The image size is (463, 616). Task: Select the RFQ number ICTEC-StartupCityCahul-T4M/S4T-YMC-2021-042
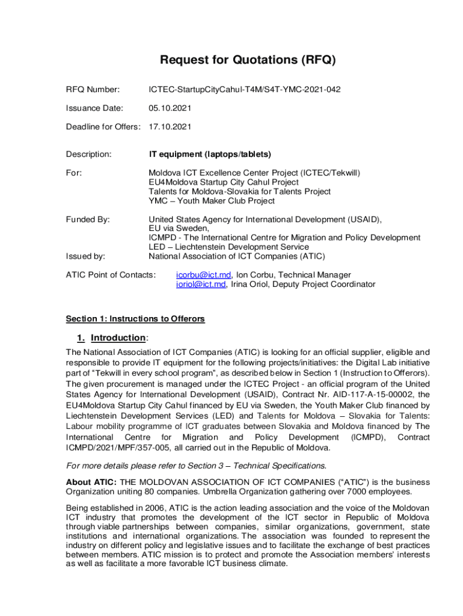pyautogui.click(x=245, y=90)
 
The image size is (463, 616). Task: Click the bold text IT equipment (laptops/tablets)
pyautogui.click(x=210, y=155)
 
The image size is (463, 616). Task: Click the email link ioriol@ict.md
pyautogui.click(x=201, y=285)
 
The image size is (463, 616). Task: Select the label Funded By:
pyautogui.click(x=88, y=220)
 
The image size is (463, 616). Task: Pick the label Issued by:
pyautogui.click(x=85, y=256)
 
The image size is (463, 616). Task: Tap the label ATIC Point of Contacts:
pyautogui.click(x=111, y=275)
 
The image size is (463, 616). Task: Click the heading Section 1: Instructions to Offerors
pyautogui.click(x=135, y=319)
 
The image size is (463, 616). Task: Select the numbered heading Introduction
pyautogui.click(x=118, y=338)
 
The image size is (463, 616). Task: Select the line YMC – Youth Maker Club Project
pyautogui.click(x=212, y=201)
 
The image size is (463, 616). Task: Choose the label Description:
pyautogui.click(x=89, y=155)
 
